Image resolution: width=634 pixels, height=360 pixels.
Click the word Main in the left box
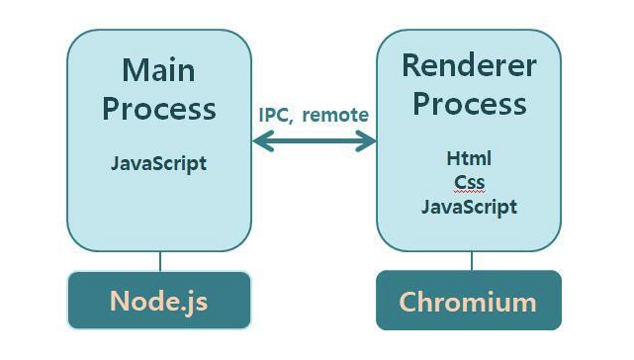[x=158, y=70]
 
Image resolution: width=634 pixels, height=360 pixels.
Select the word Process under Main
[x=158, y=108]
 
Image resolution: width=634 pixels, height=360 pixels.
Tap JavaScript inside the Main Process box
[x=158, y=163]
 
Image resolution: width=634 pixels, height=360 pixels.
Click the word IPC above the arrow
[x=276, y=115]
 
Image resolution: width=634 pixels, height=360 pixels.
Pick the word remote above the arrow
[x=335, y=115]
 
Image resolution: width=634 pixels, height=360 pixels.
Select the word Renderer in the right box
[x=469, y=66]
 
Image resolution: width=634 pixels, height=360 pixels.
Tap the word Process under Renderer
[x=469, y=103]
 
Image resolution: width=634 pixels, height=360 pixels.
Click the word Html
[x=469, y=158]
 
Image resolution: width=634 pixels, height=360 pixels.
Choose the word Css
[x=469, y=182]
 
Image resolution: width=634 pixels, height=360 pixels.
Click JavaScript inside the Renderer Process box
[x=469, y=207]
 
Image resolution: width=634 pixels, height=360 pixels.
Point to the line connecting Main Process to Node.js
[x=159, y=261]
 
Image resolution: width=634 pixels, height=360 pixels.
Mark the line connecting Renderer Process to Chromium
[x=472, y=261]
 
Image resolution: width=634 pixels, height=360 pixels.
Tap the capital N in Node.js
[x=120, y=300]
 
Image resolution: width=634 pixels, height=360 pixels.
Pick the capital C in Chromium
[x=408, y=301]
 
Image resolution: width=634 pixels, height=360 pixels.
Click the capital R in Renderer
[x=412, y=66]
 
